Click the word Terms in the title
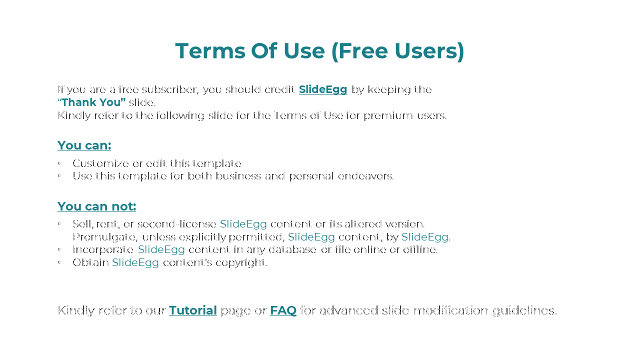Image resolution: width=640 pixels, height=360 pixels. pyautogui.click(x=210, y=51)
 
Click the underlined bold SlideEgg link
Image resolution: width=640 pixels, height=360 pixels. pyautogui.click(x=323, y=89)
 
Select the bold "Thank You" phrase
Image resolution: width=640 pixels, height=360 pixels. pyautogui.click(x=91, y=102)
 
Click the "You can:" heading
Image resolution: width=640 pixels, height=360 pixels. pyautogui.click(x=84, y=145)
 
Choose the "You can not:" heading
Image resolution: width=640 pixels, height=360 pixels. pyautogui.click(x=96, y=206)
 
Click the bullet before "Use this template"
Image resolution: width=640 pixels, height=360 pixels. pyautogui.click(x=59, y=175)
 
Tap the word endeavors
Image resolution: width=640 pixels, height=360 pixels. pyautogui.click(x=365, y=176)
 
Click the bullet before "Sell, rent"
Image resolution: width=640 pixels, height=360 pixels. pyautogui.click(x=59, y=223)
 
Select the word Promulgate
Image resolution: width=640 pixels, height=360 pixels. pyautogui.click(x=105, y=237)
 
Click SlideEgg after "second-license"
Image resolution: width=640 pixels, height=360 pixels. pyautogui.click(x=243, y=224)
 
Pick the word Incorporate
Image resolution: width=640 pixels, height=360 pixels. pyautogui.click(x=103, y=249)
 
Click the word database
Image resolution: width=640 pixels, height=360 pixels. pyautogui.click(x=292, y=249)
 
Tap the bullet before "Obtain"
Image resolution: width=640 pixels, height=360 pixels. pyautogui.click(x=59, y=262)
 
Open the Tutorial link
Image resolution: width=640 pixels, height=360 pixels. pyautogui.click(x=193, y=310)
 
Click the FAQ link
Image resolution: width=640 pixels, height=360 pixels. pyautogui.click(x=283, y=310)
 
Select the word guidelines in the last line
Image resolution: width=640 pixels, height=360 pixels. pyautogui.click(x=524, y=311)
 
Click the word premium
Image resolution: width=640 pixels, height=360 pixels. pyautogui.click(x=388, y=116)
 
